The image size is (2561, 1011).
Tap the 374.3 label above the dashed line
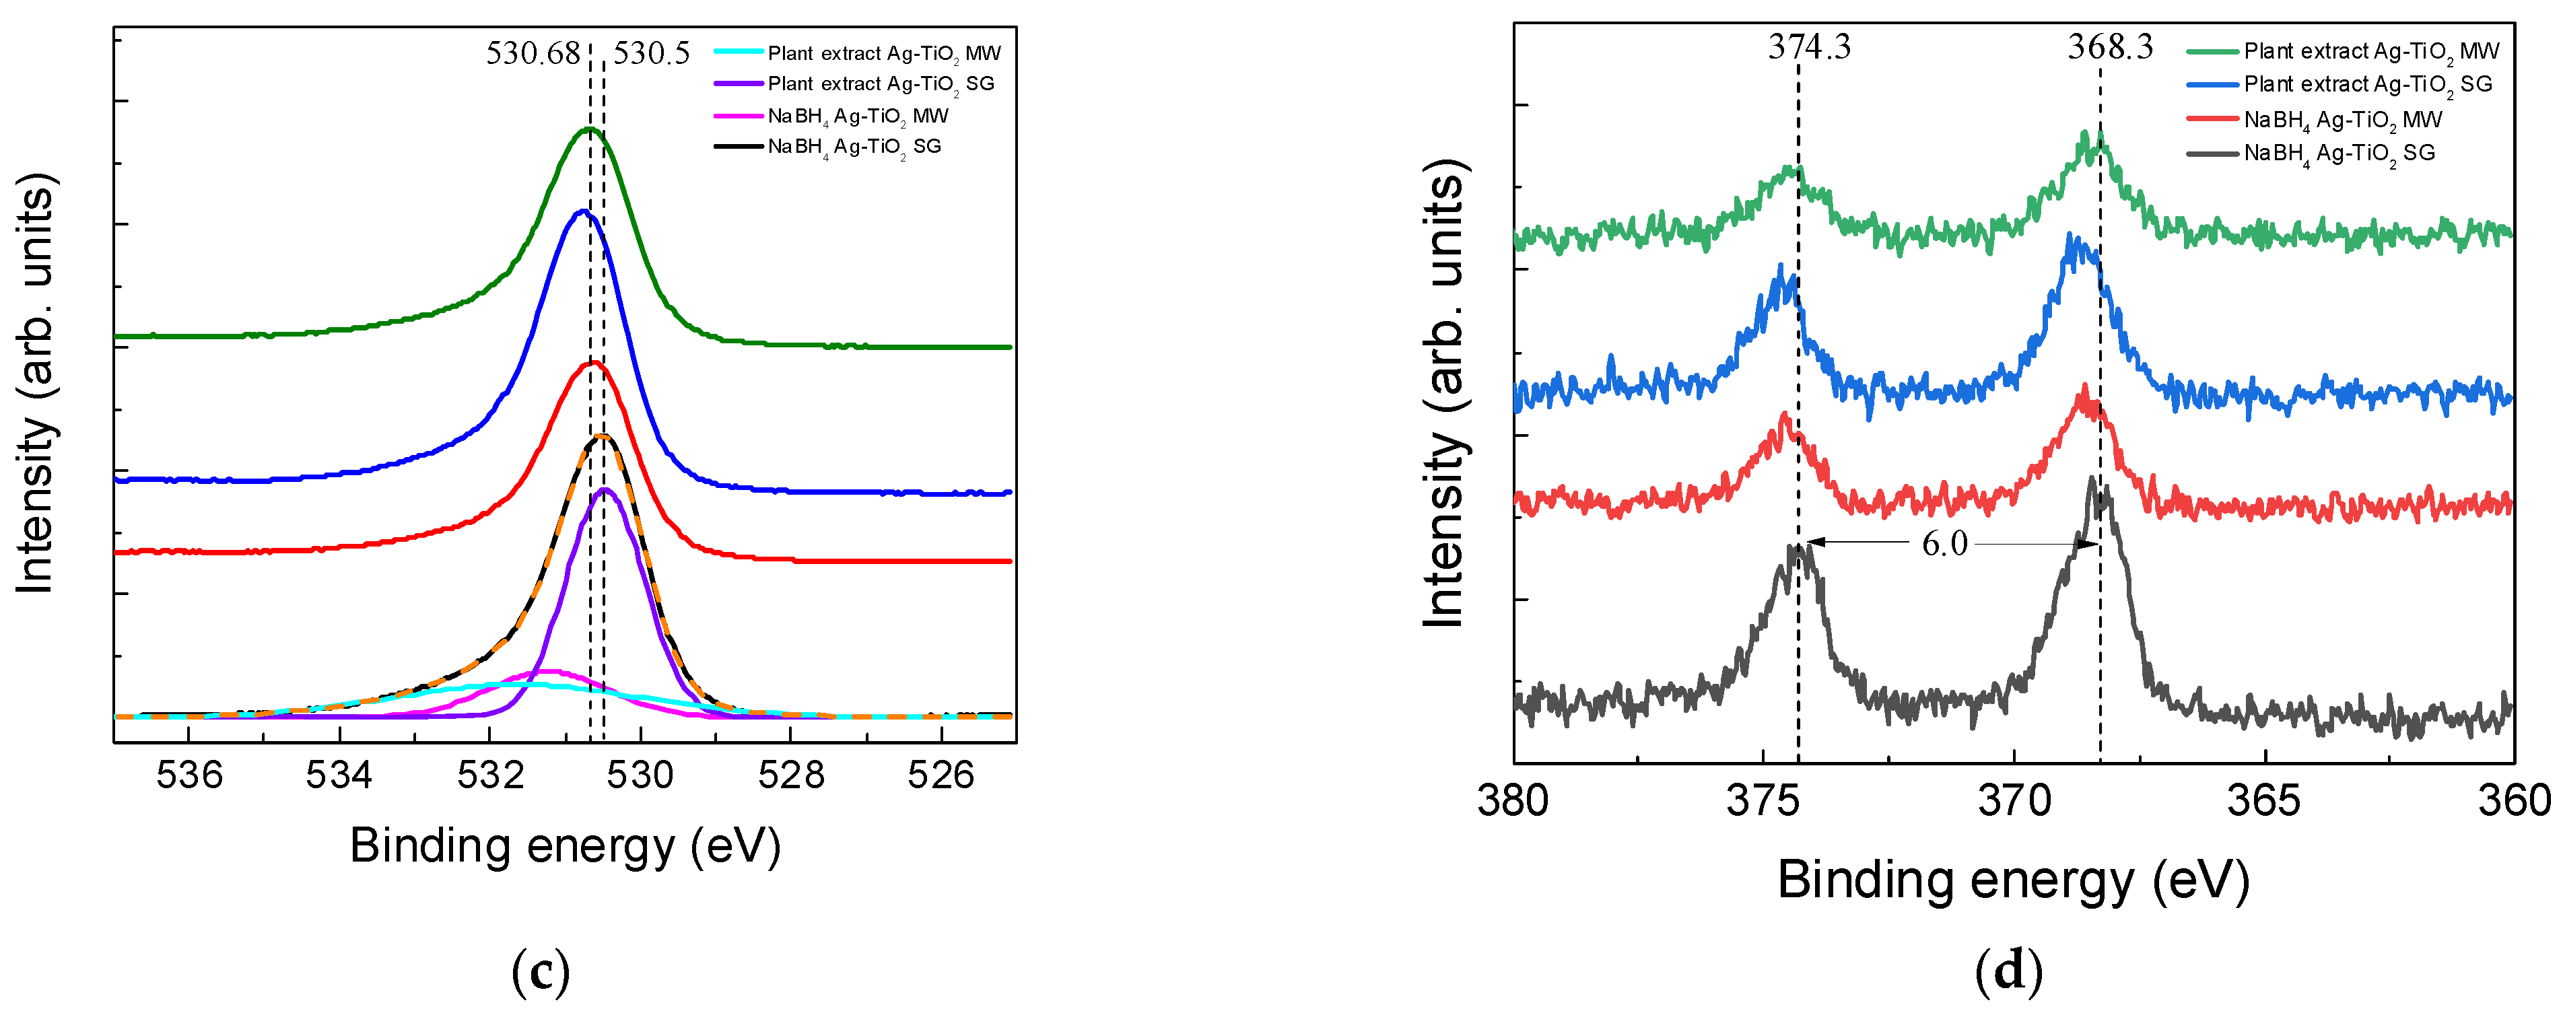[x=1808, y=46]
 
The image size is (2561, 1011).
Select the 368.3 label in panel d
[x=2110, y=46]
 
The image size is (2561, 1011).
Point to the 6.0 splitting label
[x=1944, y=544]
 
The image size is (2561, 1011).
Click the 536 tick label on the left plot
[x=189, y=774]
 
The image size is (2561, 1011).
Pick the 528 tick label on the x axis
[x=790, y=774]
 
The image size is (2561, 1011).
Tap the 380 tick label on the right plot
[x=1512, y=800]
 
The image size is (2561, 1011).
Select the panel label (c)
[x=540, y=971]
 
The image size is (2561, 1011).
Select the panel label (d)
[x=2008, y=971]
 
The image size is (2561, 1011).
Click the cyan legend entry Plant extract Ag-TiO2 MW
[x=883, y=53]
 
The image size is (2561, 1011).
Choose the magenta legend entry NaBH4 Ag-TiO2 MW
[x=857, y=116]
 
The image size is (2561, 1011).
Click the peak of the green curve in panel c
[x=590, y=129]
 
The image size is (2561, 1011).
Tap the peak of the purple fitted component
[x=605, y=489]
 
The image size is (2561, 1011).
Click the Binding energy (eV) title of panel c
[x=565, y=846]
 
